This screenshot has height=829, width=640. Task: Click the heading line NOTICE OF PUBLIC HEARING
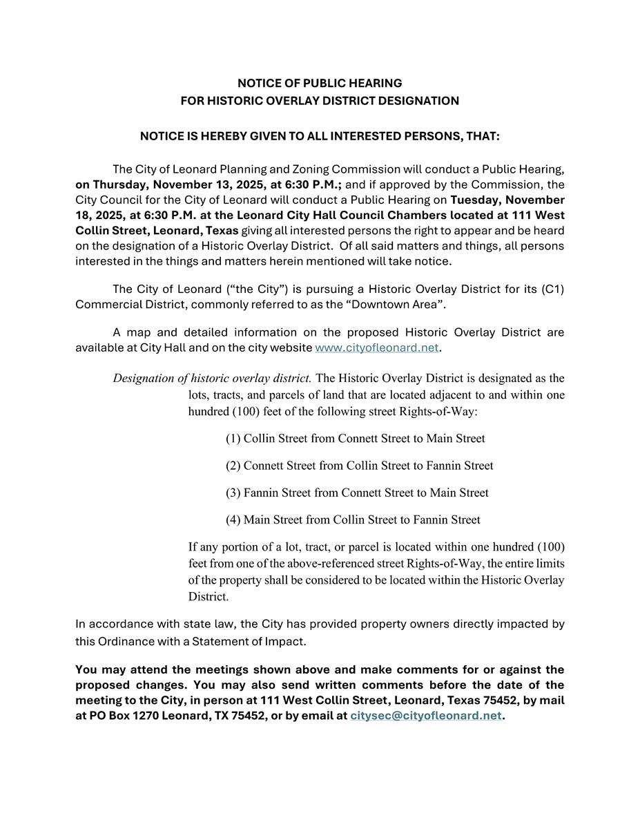point(320,83)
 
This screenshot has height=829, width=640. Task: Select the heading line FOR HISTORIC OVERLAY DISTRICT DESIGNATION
point(320,101)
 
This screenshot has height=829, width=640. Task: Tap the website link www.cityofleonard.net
point(376,347)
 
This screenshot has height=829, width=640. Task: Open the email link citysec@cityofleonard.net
point(426,716)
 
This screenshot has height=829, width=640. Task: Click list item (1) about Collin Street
point(355,439)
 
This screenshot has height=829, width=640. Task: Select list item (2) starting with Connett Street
point(359,466)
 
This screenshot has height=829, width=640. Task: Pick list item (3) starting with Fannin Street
point(357,493)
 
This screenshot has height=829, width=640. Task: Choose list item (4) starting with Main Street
point(353,520)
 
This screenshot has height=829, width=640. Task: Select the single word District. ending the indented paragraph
point(208,596)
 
